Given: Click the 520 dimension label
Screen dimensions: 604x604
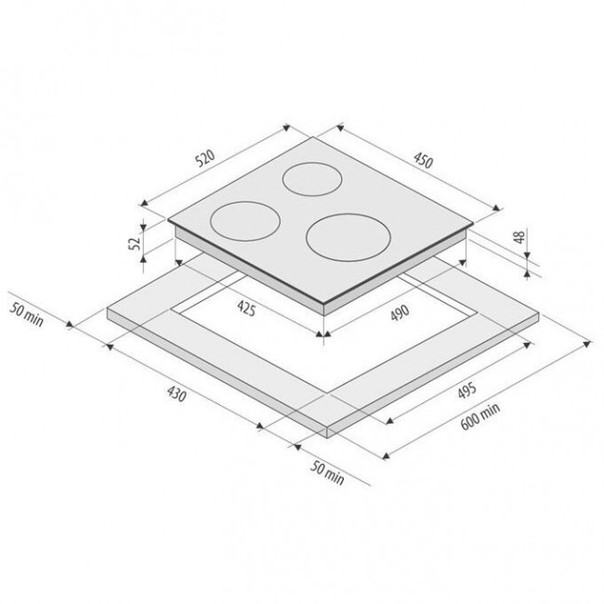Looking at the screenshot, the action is [x=204, y=159].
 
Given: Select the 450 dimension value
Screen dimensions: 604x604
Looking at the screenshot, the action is [x=424, y=160].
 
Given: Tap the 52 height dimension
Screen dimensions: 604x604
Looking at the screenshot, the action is [x=136, y=243].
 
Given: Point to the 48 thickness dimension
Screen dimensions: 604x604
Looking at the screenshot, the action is [x=519, y=237].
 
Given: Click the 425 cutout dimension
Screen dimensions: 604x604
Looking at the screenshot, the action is [x=246, y=309].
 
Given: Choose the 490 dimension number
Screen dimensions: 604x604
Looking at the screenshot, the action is [x=400, y=313].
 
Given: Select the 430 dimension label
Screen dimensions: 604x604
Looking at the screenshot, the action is [x=177, y=394].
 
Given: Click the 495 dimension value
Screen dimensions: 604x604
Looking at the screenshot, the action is [x=466, y=390].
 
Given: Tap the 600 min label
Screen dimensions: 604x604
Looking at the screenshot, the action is [x=480, y=416].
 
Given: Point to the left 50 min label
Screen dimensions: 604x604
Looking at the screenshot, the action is [x=26, y=315].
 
